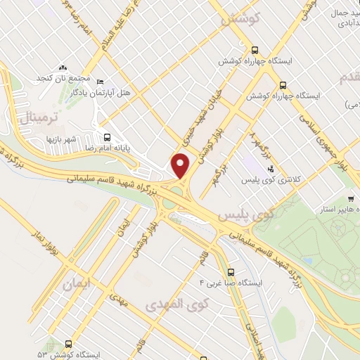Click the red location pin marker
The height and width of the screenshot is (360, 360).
[x=181, y=165]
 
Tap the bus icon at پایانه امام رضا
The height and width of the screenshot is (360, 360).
[x=108, y=137]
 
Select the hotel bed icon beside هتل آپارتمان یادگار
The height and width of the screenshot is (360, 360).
[x=99, y=82]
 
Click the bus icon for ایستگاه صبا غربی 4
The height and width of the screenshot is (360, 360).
[x=231, y=272]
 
